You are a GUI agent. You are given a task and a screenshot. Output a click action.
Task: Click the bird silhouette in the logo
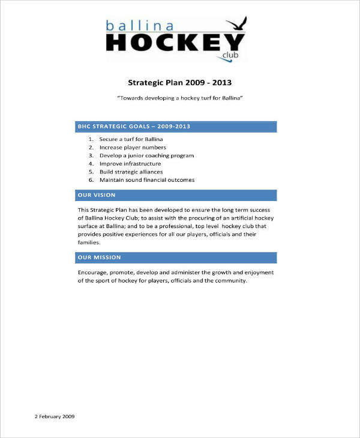pyautogui.click(x=238, y=25)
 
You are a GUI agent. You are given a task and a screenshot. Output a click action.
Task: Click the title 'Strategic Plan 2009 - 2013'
pyautogui.click(x=179, y=83)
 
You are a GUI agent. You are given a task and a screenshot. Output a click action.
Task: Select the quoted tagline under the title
pyautogui.click(x=179, y=97)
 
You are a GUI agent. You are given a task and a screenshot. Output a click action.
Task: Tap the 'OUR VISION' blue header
pyautogui.click(x=96, y=195)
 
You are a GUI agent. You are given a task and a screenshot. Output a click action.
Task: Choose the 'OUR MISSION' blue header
pyautogui.click(x=99, y=257)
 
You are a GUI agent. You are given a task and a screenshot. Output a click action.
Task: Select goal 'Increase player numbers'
pyautogui.click(x=133, y=148)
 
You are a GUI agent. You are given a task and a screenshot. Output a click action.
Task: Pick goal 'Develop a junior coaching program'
pyautogui.click(x=146, y=155)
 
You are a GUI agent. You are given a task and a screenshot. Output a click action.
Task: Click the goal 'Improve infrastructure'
pyautogui.click(x=130, y=164)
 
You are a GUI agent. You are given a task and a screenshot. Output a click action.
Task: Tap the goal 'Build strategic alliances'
pyautogui.click(x=131, y=172)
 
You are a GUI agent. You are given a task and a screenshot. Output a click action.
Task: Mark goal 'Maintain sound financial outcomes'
pyautogui.click(x=147, y=180)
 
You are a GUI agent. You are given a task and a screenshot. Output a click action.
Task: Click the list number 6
pyautogui.click(x=91, y=180)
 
